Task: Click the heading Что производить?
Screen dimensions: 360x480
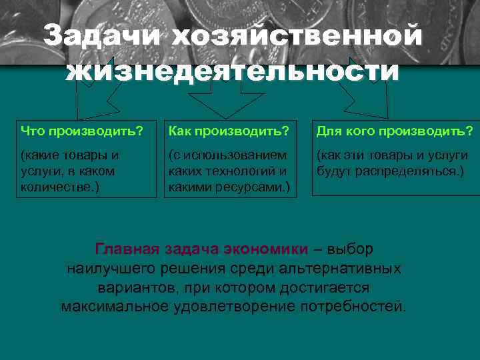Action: coord(81,129)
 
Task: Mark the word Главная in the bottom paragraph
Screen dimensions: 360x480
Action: coord(127,249)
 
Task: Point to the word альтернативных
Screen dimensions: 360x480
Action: coord(349,269)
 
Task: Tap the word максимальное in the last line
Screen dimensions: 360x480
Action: coord(116,307)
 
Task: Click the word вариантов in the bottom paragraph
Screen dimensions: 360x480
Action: coord(134,288)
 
